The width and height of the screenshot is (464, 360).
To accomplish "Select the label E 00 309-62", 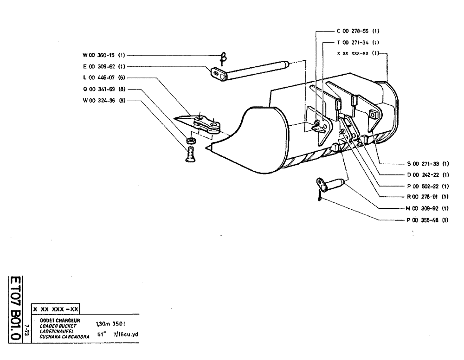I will pyautogui.click(x=102, y=66).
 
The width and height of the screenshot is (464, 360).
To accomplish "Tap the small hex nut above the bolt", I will pyautogui.click(x=190, y=141).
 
